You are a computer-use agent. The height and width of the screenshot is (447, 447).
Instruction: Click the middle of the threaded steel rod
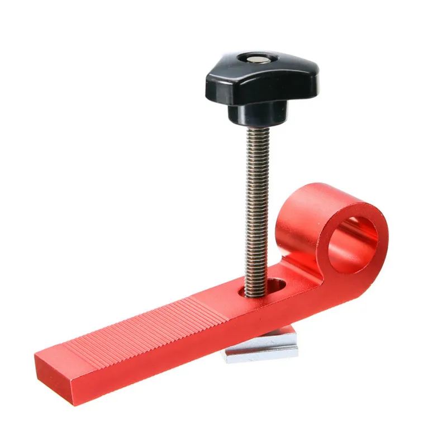(256, 207)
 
